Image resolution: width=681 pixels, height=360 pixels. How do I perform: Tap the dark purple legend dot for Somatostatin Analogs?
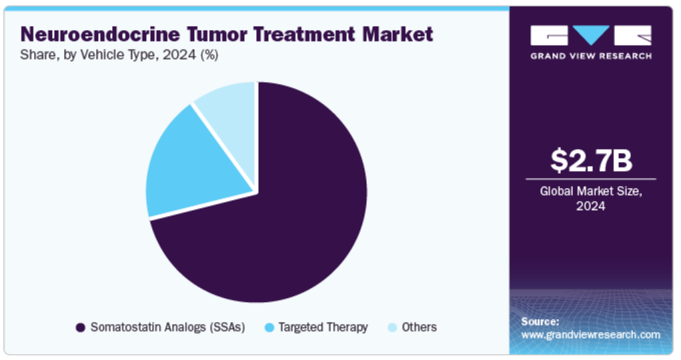click(x=80, y=327)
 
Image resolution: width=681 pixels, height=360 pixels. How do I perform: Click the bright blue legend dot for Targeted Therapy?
click(x=269, y=327)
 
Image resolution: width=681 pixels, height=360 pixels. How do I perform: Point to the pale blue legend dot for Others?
click(x=392, y=327)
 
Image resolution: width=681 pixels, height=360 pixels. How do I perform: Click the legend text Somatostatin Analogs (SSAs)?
click(x=167, y=327)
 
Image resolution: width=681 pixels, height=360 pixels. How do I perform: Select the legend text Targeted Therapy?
click(x=323, y=327)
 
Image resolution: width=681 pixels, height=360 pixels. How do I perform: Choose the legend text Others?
click(x=419, y=327)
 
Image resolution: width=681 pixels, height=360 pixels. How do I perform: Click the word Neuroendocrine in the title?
click(x=100, y=34)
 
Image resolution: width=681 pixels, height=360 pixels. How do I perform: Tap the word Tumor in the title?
click(x=217, y=34)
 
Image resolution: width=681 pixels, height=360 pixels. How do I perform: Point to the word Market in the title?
click(x=398, y=34)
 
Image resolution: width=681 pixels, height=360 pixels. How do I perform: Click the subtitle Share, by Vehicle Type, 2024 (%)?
click(x=119, y=55)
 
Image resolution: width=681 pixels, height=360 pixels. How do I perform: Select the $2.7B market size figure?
click(x=591, y=160)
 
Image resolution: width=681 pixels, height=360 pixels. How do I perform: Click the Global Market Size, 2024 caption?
click(x=591, y=199)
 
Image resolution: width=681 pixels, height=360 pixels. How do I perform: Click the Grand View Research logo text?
click(x=591, y=56)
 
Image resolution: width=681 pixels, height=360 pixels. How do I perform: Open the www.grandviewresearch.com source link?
click(x=591, y=335)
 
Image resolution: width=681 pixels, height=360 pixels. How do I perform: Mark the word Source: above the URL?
click(x=540, y=322)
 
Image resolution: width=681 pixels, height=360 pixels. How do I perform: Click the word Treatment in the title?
click(x=305, y=34)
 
